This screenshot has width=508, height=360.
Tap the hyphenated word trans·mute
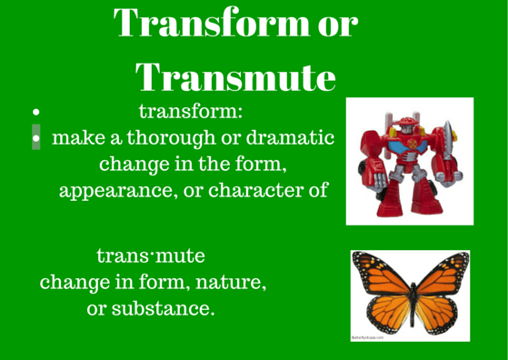click(156, 255)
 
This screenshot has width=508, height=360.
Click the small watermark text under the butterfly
click(368, 335)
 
